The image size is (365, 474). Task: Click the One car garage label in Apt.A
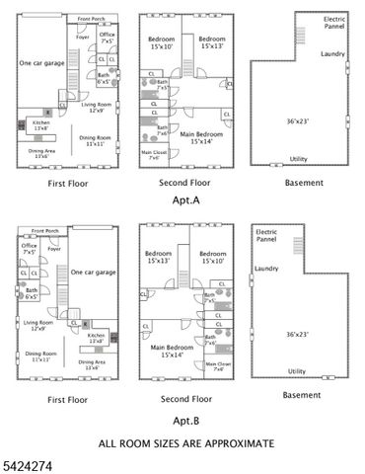pyautogui.click(x=42, y=62)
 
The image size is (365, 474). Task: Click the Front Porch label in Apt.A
pyautogui.click(x=92, y=19)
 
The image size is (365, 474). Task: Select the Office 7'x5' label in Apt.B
pyautogui.click(x=31, y=250)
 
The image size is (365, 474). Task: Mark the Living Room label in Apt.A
pyautogui.click(x=96, y=106)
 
